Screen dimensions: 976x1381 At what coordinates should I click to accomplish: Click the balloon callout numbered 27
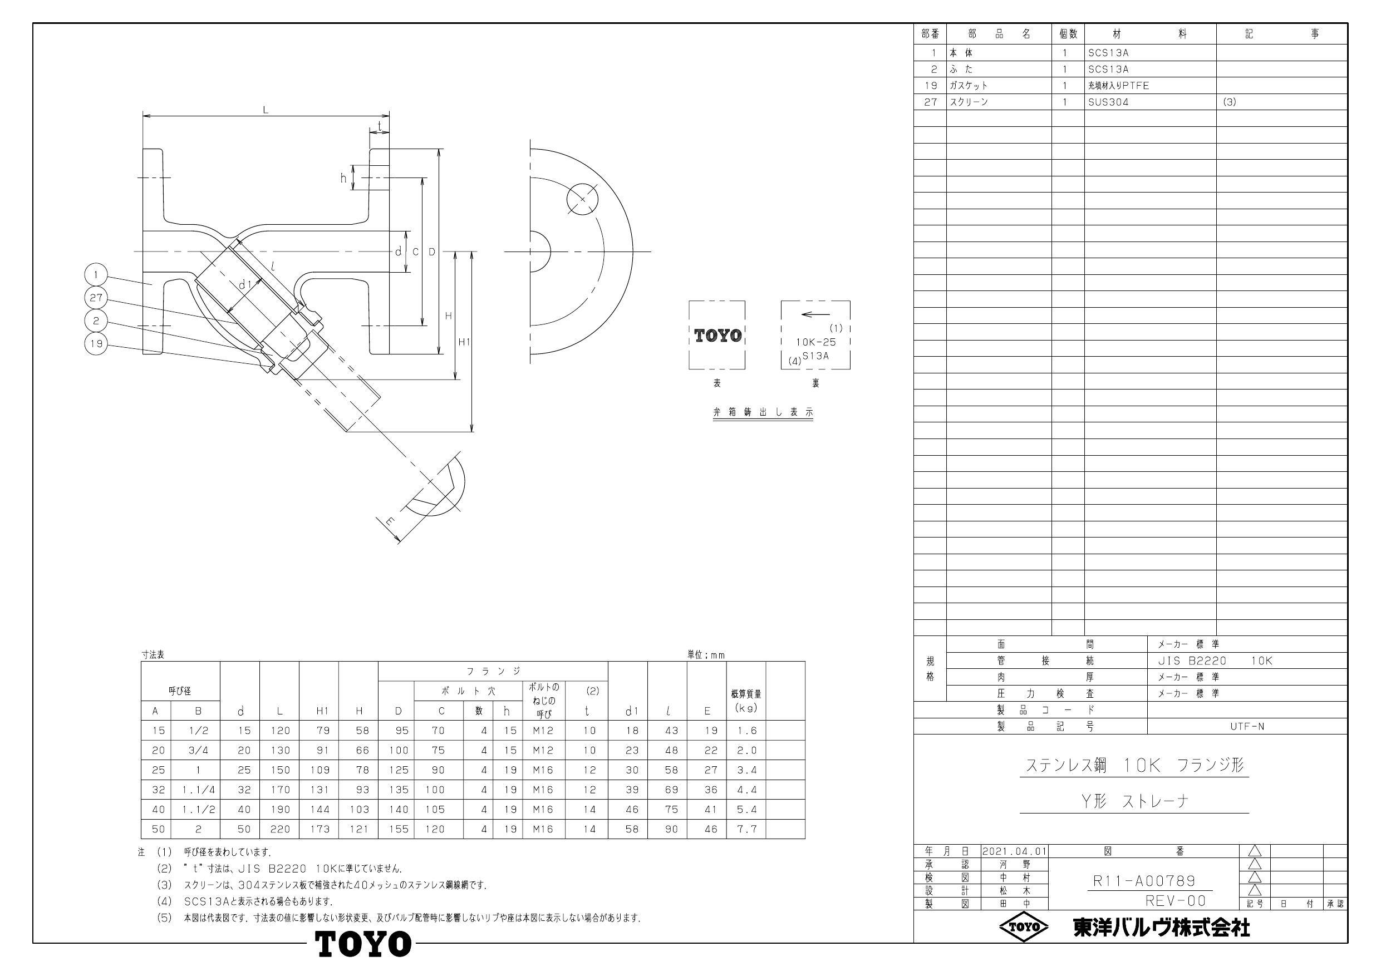[x=96, y=298]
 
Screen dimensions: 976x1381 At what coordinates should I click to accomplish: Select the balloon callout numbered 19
[x=96, y=344]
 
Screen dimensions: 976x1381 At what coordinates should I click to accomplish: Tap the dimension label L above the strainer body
[x=266, y=110]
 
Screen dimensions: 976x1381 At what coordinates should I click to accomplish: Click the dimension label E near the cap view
[x=390, y=522]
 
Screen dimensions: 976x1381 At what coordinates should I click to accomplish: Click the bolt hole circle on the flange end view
[x=582, y=199]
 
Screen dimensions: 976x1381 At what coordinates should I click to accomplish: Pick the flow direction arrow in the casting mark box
[x=815, y=314]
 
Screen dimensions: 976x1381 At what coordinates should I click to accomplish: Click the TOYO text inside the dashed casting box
[x=717, y=336]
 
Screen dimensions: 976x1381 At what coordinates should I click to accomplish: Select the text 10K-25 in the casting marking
[x=815, y=342]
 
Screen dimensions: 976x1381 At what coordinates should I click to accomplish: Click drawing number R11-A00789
[x=1143, y=881]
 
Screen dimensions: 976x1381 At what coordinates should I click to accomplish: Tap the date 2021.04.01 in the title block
[x=1015, y=851]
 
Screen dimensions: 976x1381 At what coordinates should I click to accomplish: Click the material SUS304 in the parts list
[x=1108, y=102]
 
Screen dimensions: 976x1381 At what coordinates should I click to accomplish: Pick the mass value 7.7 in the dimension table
[x=746, y=829]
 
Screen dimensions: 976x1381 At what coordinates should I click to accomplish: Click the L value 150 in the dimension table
[x=279, y=770]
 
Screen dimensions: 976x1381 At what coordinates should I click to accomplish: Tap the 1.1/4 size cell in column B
[x=198, y=790]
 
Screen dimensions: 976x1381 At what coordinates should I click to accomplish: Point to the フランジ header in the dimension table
[x=493, y=671]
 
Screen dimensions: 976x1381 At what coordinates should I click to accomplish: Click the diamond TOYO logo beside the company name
[x=1023, y=927]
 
